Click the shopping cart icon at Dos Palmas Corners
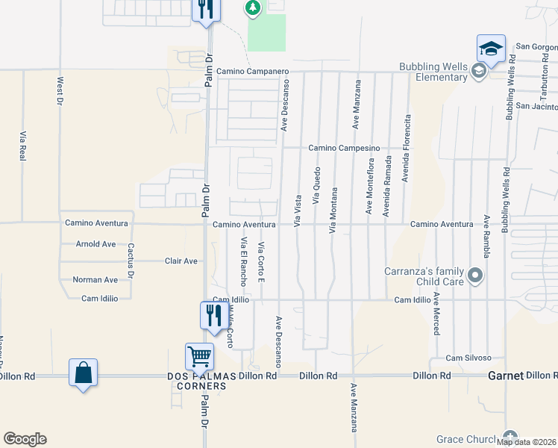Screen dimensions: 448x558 point(199,357)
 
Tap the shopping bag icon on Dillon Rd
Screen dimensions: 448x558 point(83,373)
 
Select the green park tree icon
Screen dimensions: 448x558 point(253,8)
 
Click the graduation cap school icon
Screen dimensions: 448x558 point(492,49)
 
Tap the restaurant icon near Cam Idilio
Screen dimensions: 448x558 point(213,314)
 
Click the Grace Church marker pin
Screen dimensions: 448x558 point(510,437)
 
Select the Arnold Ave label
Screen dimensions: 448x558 point(96,244)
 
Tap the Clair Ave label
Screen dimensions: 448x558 point(181,261)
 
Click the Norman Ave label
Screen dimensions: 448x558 point(95,280)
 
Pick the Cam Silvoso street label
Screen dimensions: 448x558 point(468,358)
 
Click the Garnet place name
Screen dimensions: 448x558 point(506,376)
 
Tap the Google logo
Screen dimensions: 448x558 point(25,439)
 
